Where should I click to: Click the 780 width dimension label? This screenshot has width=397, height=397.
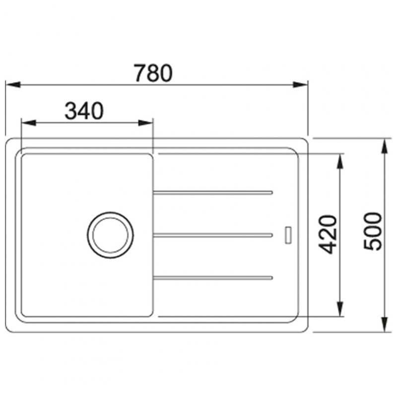153,73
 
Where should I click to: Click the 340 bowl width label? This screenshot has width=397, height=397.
84,111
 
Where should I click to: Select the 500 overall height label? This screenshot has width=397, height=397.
373,232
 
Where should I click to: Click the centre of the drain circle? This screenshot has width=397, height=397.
110,235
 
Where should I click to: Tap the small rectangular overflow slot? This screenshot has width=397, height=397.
288,235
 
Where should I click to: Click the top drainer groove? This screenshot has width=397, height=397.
213,193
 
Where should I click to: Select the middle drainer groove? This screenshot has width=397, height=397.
213,235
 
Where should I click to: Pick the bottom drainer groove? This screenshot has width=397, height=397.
213,278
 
